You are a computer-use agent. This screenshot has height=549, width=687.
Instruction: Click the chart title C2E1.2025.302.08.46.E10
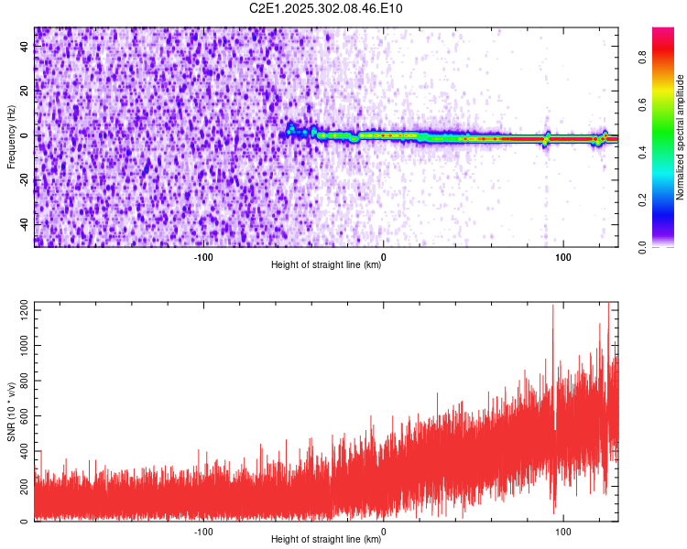326,8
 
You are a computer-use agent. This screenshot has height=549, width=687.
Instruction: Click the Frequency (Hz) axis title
11,136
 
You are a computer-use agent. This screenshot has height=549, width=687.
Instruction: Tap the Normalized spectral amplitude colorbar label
681,136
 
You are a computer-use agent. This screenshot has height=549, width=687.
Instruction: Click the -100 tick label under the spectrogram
203,256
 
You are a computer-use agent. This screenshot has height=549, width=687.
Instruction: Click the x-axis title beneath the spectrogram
326,265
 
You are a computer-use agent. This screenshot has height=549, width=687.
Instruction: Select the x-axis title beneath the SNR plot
326,540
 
